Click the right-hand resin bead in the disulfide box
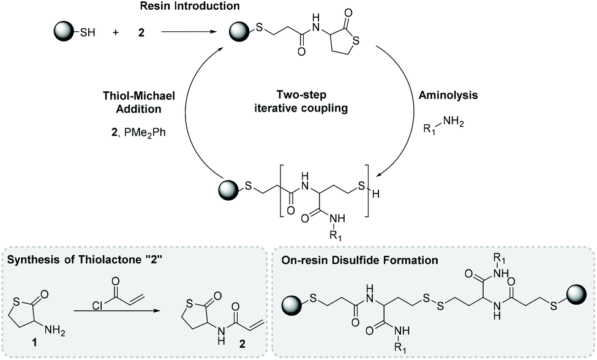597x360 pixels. tap(576, 291)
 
